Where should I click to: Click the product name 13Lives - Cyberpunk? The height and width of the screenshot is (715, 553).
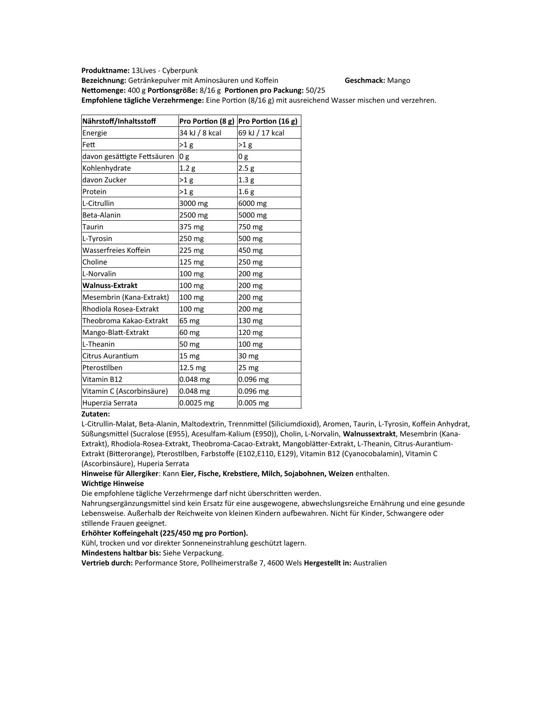pyautogui.click(x=164, y=70)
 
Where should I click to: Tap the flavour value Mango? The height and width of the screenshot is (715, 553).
pyautogui.click(x=398, y=80)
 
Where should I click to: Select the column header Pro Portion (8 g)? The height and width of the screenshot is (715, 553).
pyautogui.click(x=207, y=121)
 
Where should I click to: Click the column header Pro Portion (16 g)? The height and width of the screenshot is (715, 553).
pyautogui.click(x=268, y=121)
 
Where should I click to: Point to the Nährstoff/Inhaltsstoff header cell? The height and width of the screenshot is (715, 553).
pyautogui.click(x=119, y=121)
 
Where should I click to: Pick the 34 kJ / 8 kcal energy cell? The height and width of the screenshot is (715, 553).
pyautogui.click(x=200, y=133)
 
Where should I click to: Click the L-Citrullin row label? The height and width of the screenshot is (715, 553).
pyautogui.click(x=98, y=203)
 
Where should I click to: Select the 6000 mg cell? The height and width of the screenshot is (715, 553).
pyautogui.click(x=253, y=203)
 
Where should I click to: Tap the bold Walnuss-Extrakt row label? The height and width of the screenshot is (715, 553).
pyautogui.click(x=110, y=285)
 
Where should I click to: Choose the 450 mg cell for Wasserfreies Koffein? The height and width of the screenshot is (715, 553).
pyautogui.click(x=250, y=250)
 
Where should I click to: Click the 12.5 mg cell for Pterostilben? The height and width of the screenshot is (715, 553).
pyautogui.click(x=192, y=367)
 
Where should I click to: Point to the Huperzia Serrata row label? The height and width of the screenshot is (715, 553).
pyautogui.click(x=110, y=403)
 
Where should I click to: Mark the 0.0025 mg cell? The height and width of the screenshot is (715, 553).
pyautogui.click(x=197, y=403)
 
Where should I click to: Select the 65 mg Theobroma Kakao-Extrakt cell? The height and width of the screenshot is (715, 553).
pyautogui.click(x=189, y=320)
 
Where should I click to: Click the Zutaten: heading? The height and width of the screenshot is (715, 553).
pyautogui.click(x=96, y=414)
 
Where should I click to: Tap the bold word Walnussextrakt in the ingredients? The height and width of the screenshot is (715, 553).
pyautogui.click(x=369, y=434)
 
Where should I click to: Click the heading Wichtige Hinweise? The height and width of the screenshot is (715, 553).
pyautogui.click(x=112, y=483)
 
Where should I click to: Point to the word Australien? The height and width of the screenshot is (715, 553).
pyautogui.click(x=370, y=563)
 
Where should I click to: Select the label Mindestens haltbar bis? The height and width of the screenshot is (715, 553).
pyautogui.click(x=121, y=553)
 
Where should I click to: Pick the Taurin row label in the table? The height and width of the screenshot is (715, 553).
pyautogui.click(x=93, y=227)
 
